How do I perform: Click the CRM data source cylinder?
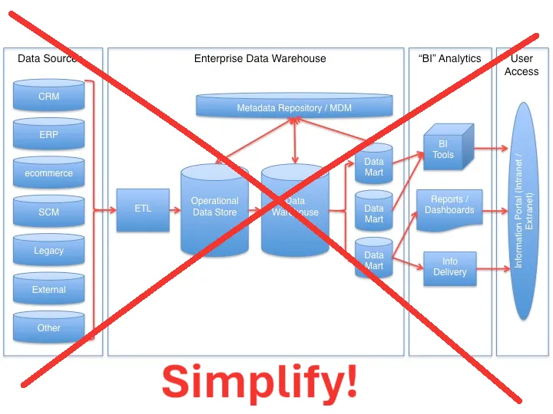click(48, 97)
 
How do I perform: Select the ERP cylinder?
click(48, 135)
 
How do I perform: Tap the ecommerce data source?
click(48, 173)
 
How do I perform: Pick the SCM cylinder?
click(48, 212)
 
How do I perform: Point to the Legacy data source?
click(48, 251)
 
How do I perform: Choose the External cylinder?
click(48, 290)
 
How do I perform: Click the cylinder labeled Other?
click(48, 327)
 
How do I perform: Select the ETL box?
click(143, 209)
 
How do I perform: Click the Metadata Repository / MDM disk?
click(294, 107)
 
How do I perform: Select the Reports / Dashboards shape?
click(449, 206)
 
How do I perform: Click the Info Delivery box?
click(449, 267)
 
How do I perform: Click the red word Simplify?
click(259, 381)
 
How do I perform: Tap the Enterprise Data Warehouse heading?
click(260, 58)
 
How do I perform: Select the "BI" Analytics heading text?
click(449, 58)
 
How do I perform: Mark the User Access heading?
click(522, 65)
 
